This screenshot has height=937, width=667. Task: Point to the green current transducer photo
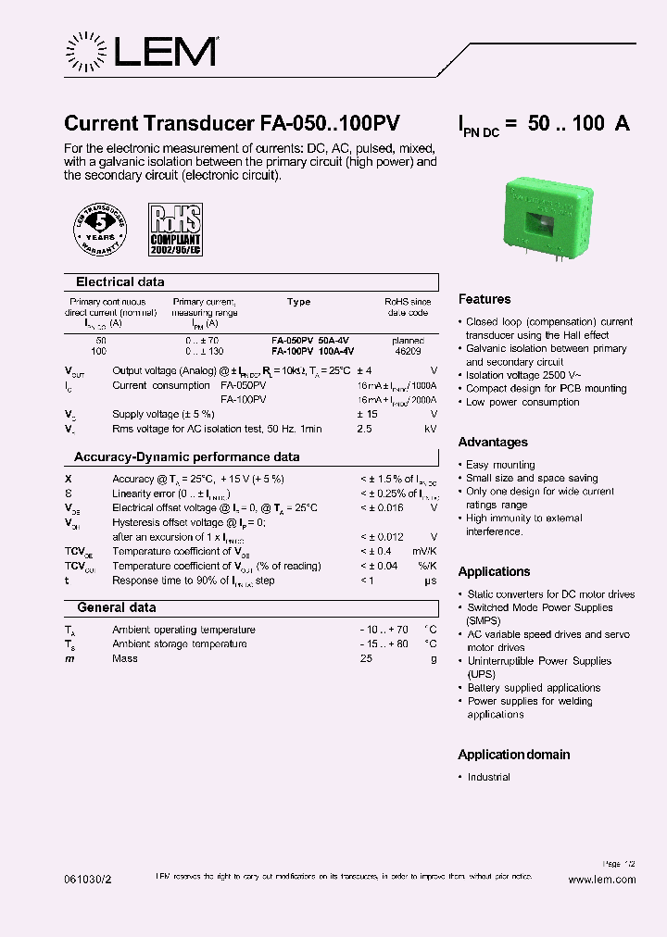pyautogui.click(x=547, y=218)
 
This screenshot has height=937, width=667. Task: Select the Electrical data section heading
pyautogui.click(x=120, y=282)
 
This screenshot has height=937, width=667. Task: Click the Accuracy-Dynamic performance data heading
pyautogui.click(x=187, y=457)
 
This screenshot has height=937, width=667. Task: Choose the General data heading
pyautogui.click(x=117, y=608)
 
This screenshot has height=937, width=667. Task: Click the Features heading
pyautogui.click(x=485, y=300)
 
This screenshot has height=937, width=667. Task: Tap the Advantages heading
pyautogui.click(x=493, y=443)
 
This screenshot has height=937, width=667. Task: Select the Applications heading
pyautogui.click(x=495, y=572)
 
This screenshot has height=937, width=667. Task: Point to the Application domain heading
pyautogui.click(x=514, y=756)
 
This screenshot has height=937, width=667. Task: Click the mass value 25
pyautogui.click(x=366, y=659)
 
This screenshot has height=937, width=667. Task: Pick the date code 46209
pyautogui.click(x=408, y=352)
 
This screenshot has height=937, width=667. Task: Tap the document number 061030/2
pyautogui.click(x=88, y=880)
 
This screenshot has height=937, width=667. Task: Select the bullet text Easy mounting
pyautogui.click(x=500, y=465)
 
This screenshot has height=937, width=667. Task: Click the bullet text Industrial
pyautogui.click(x=488, y=778)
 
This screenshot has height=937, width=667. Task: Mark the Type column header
pyautogui.click(x=299, y=302)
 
